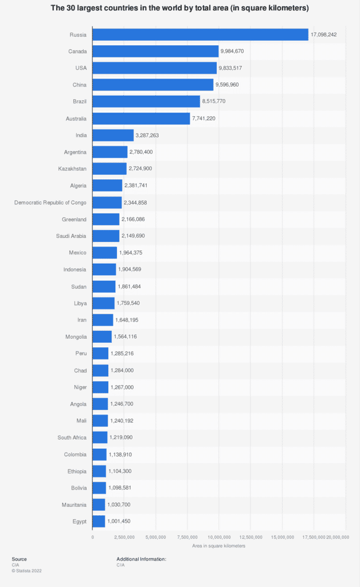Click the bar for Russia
(200, 35)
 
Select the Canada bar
(155, 52)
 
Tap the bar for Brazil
(146, 101)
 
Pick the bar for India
(113, 135)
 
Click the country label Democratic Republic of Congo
(50, 202)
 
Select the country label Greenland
(74, 219)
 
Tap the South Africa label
(72, 438)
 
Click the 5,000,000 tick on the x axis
(156, 537)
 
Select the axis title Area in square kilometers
(218, 546)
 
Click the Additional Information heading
(141, 559)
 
